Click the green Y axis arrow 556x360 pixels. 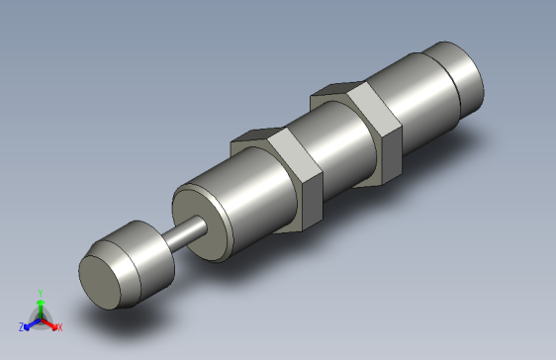coord(40,305)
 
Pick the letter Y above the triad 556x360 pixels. coord(40,293)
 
